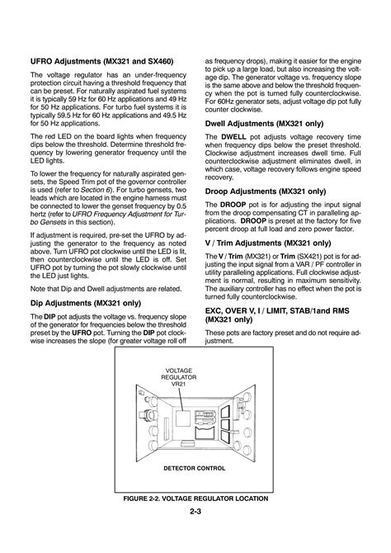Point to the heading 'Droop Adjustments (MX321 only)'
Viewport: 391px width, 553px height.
point(263,189)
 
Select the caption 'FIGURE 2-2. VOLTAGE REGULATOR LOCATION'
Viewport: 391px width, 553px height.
point(195,500)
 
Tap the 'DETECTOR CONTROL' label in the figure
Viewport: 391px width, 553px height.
point(194,467)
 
